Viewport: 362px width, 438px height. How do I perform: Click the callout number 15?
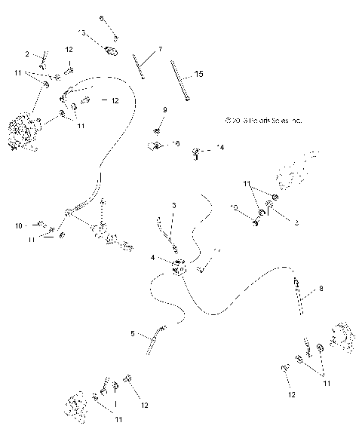199,74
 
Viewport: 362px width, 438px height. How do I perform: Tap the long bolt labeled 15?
180,81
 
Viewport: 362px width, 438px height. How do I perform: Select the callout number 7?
160,49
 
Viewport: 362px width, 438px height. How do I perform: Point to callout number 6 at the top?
103,17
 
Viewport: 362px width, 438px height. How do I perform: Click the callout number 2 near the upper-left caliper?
28,54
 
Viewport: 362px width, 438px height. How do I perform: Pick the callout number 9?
165,111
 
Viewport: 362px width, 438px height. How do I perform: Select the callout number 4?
153,257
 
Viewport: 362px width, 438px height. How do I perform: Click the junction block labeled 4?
179,267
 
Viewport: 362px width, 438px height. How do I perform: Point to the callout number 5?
133,332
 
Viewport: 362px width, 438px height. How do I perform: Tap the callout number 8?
321,288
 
